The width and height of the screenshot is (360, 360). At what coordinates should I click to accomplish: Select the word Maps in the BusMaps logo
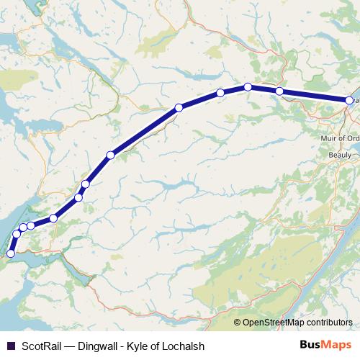pos(337,345)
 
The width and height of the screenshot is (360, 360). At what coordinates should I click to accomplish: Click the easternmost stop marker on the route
pos(350,102)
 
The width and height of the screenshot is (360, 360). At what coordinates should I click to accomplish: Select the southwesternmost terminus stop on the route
pos(10,253)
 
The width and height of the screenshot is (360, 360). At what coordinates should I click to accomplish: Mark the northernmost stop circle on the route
pos(248,86)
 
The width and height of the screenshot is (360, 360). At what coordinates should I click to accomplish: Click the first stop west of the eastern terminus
pos(279,91)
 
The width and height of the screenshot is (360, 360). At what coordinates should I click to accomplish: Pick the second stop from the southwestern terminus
pos(16,234)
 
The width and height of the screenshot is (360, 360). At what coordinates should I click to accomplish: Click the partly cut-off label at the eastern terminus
pos(354,102)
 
